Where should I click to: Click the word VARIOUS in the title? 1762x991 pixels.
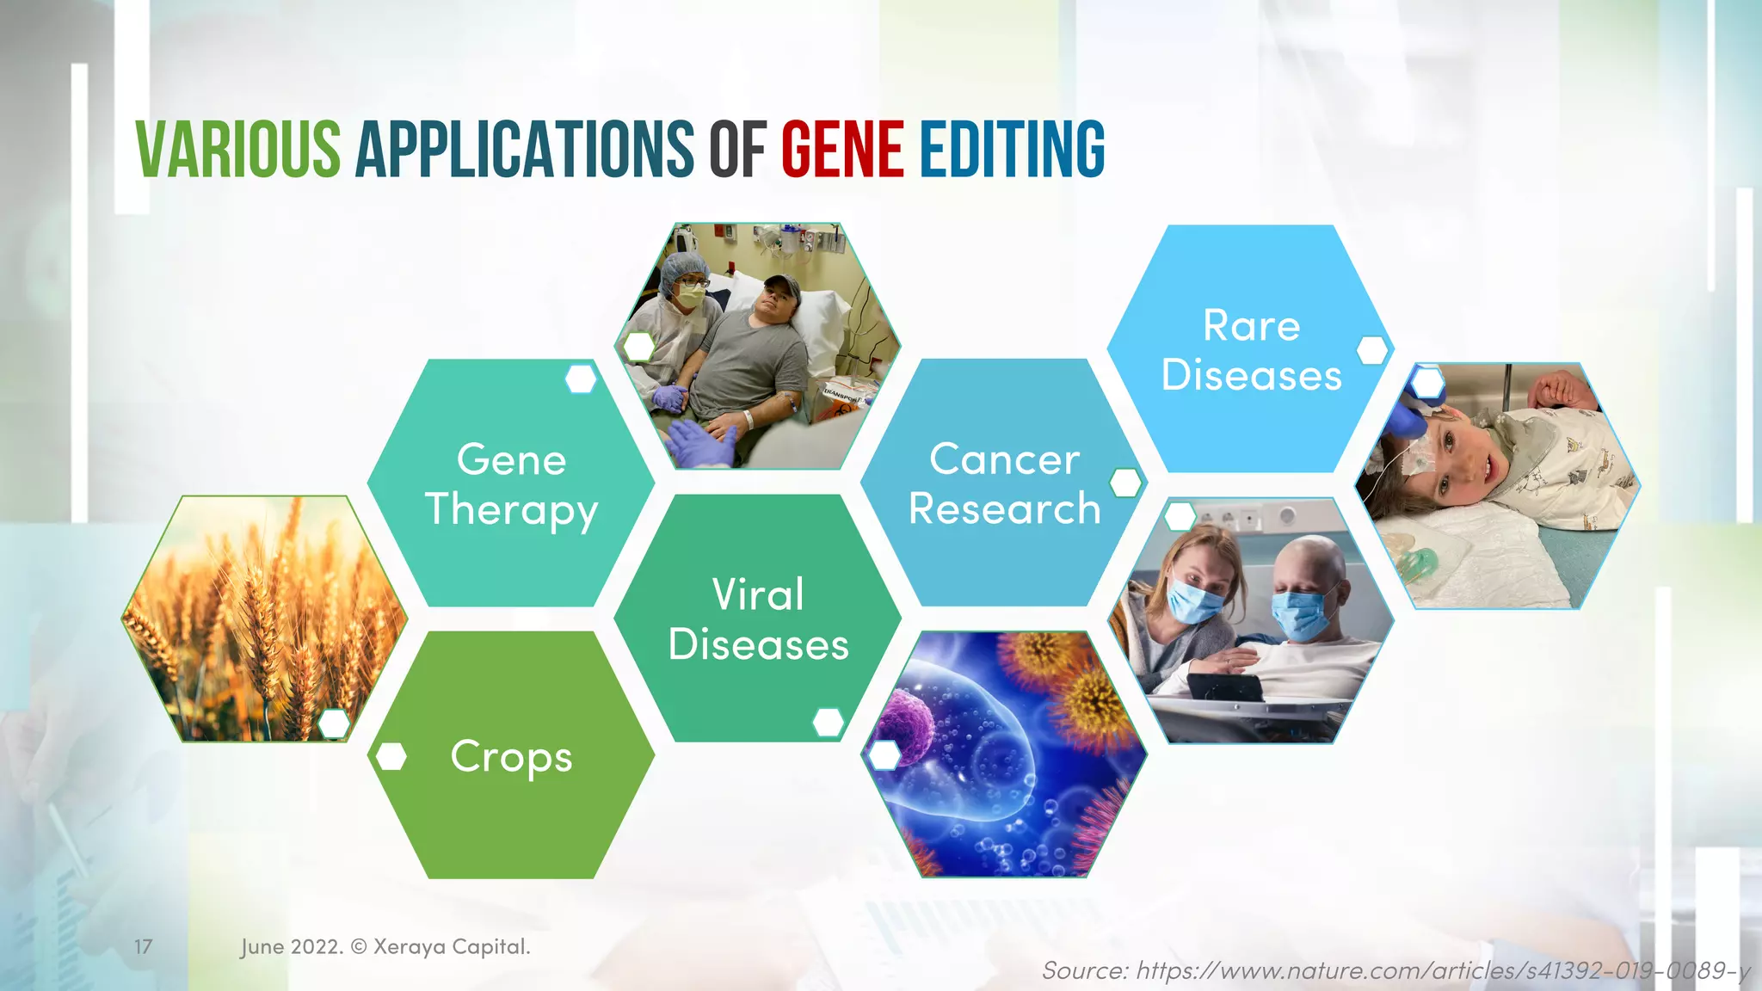pyautogui.click(x=238, y=150)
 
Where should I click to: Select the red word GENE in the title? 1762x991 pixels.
pyautogui.click(x=842, y=150)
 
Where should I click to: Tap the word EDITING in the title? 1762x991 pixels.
pyautogui.click(x=1012, y=150)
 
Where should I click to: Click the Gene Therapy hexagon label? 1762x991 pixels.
pyautogui.click(x=511, y=483)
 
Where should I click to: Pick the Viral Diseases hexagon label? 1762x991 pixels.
pyautogui.click(x=758, y=619)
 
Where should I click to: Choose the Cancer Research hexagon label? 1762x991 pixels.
pyautogui.click(x=1004, y=483)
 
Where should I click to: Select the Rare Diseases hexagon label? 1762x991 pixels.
pyautogui.click(x=1251, y=350)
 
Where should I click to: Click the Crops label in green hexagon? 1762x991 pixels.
pyautogui.click(x=511, y=756)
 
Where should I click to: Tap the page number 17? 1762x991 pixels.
pyautogui.click(x=143, y=946)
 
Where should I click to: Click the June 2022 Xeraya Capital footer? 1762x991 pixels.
pyautogui.click(x=385, y=946)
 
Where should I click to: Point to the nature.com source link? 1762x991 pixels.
pyautogui.click(x=1395, y=970)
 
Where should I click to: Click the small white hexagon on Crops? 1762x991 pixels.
pyautogui.click(x=391, y=756)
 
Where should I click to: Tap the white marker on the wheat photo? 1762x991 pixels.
pyautogui.click(x=334, y=723)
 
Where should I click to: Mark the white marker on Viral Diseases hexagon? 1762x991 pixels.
pyautogui.click(x=828, y=723)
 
